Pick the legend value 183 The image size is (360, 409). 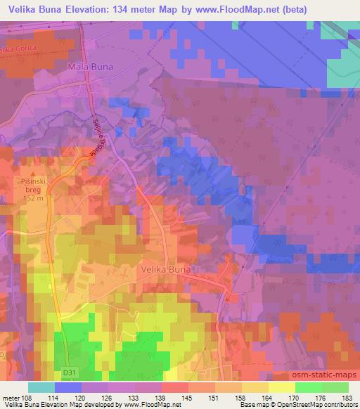[347, 397]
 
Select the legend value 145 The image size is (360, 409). [188, 397]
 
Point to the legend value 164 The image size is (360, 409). [268, 397]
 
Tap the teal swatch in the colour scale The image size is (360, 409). [41, 387]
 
